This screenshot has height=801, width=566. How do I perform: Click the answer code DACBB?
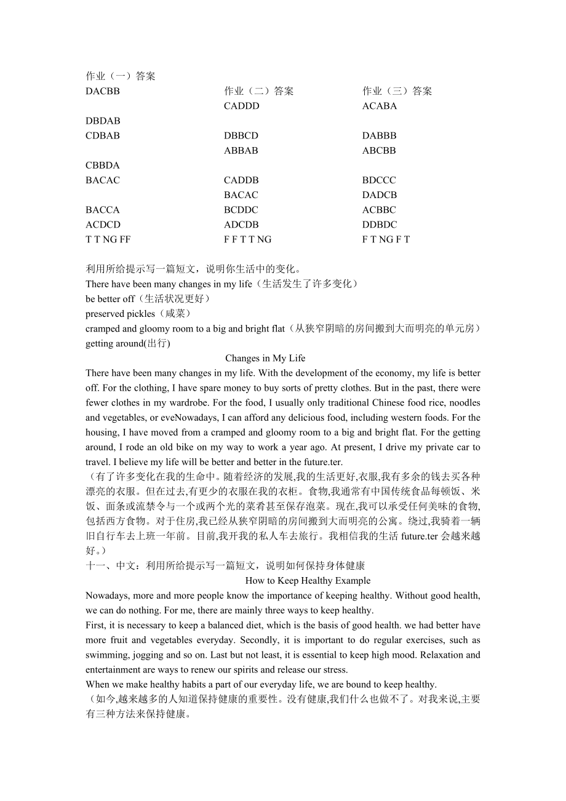pyautogui.click(x=103, y=91)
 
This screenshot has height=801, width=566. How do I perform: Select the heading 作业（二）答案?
pyautogui.click(x=259, y=91)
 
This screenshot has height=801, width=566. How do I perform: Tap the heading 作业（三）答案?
pyautogui.click(x=397, y=91)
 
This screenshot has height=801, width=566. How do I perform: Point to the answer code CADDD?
pyautogui.click(x=242, y=106)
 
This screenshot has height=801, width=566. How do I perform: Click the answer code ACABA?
pyautogui.click(x=380, y=106)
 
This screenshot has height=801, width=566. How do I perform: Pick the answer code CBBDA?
pyautogui.click(x=103, y=165)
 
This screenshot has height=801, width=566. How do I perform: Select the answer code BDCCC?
pyautogui.click(x=379, y=180)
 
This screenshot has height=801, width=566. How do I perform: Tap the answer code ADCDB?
pyautogui.click(x=241, y=225)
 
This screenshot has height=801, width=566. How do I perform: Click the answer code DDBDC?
pyautogui.click(x=380, y=225)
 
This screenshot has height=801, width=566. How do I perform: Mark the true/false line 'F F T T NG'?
pyautogui.click(x=247, y=239)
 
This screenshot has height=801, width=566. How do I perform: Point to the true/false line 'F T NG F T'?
pyautogui.click(x=386, y=239)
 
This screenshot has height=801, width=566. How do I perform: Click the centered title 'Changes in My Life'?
pyautogui.click(x=265, y=358)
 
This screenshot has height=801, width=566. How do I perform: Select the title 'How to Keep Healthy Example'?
pyautogui.click(x=308, y=580)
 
